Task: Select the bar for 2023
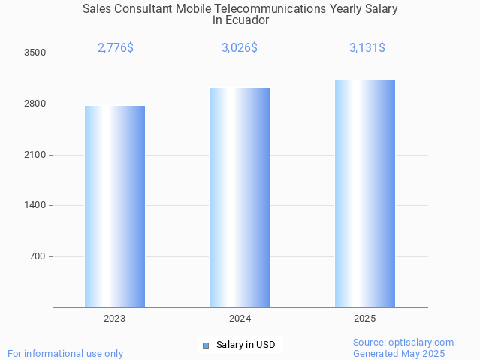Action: (x=115, y=207)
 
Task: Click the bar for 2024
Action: (x=240, y=198)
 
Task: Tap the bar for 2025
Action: (x=365, y=194)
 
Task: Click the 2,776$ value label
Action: (x=116, y=47)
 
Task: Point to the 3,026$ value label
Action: (x=240, y=47)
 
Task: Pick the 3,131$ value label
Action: (x=367, y=47)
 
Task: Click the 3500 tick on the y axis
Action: (x=35, y=53)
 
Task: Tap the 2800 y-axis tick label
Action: (x=35, y=104)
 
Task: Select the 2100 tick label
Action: (x=35, y=155)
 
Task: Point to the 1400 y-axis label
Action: (x=35, y=205)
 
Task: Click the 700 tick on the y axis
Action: (x=37, y=256)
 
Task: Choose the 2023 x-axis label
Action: (x=115, y=319)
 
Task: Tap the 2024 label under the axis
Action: (x=240, y=319)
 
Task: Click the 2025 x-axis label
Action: (x=365, y=319)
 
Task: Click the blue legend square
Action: (x=205, y=345)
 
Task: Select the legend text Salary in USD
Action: (x=246, y=345)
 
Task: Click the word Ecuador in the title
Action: (x=241, y=20)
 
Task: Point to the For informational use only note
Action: (x=65, y=353)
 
